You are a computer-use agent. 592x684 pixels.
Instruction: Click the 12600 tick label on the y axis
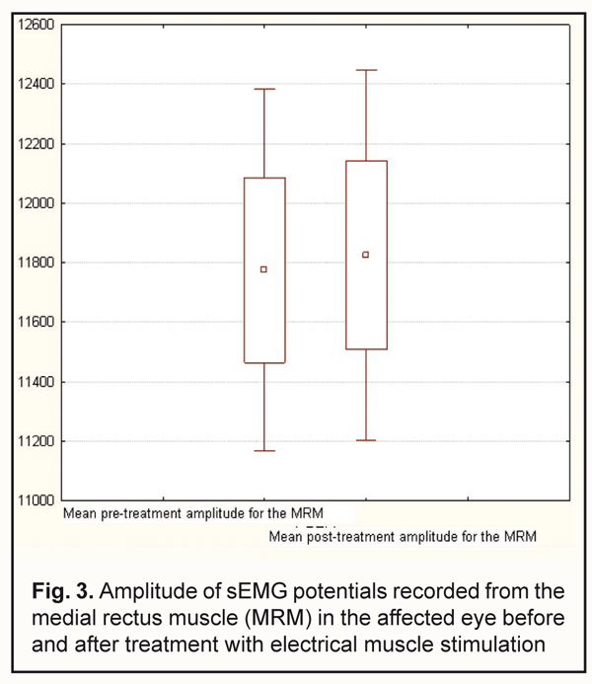click(x=37, y=25)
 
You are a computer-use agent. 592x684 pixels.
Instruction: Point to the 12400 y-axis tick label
click(x=37, y=84)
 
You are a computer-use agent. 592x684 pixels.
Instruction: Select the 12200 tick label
click(x=37, y=144)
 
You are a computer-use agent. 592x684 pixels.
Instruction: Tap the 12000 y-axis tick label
click(x=37, y=203)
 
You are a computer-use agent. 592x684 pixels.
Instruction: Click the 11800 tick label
click(x=37, y=263)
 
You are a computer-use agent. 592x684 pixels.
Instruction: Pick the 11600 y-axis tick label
click(x=37, y=323)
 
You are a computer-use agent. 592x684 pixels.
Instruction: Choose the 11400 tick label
click(x=37, y=382)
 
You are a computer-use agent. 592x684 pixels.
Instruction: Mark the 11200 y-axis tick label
click(x=37, y=441)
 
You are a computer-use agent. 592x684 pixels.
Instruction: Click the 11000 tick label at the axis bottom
click(x=37, y=500)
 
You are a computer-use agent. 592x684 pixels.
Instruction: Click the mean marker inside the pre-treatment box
click(x=263, y=269)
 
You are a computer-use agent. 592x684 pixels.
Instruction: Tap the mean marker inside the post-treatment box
click(x=365, y=255)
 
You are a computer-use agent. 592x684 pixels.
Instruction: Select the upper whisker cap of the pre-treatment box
click(x=263, y=89)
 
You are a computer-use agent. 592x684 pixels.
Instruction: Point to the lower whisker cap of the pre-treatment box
click(x=263, y=451)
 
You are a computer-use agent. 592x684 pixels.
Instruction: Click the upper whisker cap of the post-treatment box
click(x=365, y=70)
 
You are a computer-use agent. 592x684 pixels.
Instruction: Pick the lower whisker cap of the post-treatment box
click(x=365, y=440)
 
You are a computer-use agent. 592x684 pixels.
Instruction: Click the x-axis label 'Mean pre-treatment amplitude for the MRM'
click(x=191, y=514)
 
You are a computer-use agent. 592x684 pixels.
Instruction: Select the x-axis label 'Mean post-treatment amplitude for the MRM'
click(x=404, y=537)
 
